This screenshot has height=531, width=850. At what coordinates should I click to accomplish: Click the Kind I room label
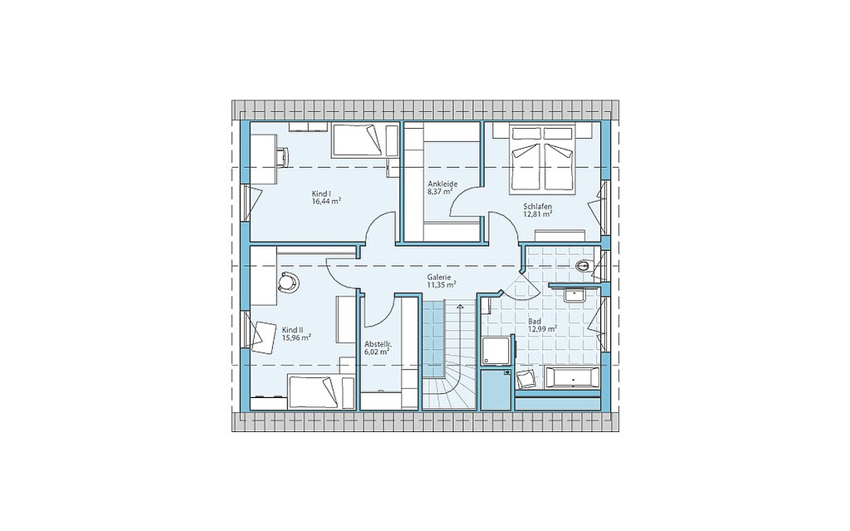click(x=321, y=194)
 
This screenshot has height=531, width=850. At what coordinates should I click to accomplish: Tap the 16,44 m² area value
click(x=325, y=201)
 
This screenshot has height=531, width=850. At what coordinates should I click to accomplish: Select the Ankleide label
click(x=442, y=184)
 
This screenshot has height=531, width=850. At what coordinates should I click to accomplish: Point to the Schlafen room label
click(x=537, y=206)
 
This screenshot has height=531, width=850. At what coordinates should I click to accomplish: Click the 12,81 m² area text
click(x=537, y=214)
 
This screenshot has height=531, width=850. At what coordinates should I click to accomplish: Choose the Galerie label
click(x=438, y=277)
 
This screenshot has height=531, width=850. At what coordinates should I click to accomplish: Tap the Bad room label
click(x=534, y=322)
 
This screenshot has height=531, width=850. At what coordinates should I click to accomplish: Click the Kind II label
click(x=292, y=330)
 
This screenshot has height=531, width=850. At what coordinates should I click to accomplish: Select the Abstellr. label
click(x=378, y=344)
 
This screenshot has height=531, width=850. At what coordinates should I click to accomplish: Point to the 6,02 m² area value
click(x=378, y=352)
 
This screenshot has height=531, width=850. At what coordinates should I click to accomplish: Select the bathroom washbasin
click(x=573, y=295)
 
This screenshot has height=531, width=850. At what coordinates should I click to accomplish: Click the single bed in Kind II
click(x=315, y=392)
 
